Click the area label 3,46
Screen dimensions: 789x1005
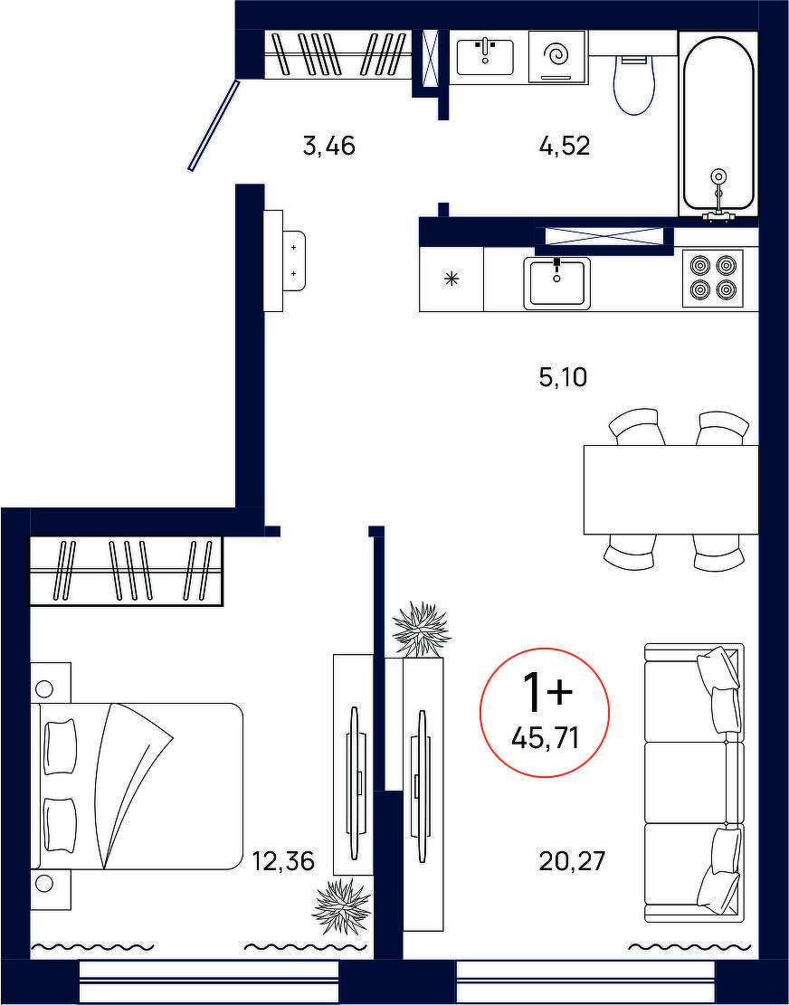point(328,147)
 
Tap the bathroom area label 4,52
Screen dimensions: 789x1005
point(564,147)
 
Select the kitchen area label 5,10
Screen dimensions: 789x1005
point(564,377)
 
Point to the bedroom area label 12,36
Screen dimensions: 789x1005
point(283,861)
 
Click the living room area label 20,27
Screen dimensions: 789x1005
point(572,861)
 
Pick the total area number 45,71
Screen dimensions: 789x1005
point(546,739)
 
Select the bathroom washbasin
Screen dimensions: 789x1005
point(485,57)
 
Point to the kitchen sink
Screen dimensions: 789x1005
point(557,283)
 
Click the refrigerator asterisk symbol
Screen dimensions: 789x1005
point(452,279)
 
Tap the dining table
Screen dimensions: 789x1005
point(671,489)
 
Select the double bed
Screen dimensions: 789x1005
point(137,786)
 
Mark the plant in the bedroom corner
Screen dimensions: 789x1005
point(342,905)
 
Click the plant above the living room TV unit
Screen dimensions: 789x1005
point(421,630)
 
